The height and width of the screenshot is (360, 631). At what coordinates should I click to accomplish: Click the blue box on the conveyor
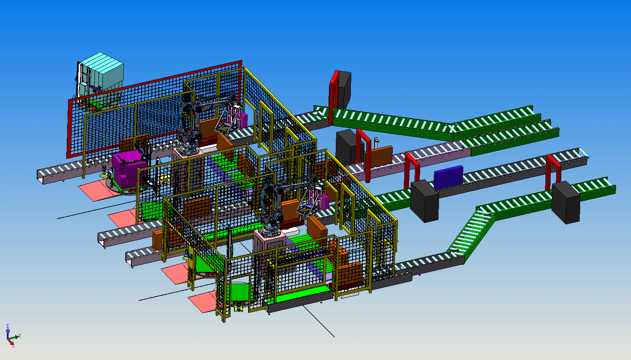(448, 177)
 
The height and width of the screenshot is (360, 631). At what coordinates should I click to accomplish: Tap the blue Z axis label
(7, 326)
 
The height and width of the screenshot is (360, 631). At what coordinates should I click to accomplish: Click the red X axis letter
(13, 346)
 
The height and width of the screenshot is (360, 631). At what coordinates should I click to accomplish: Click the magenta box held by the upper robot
(243, 120)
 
